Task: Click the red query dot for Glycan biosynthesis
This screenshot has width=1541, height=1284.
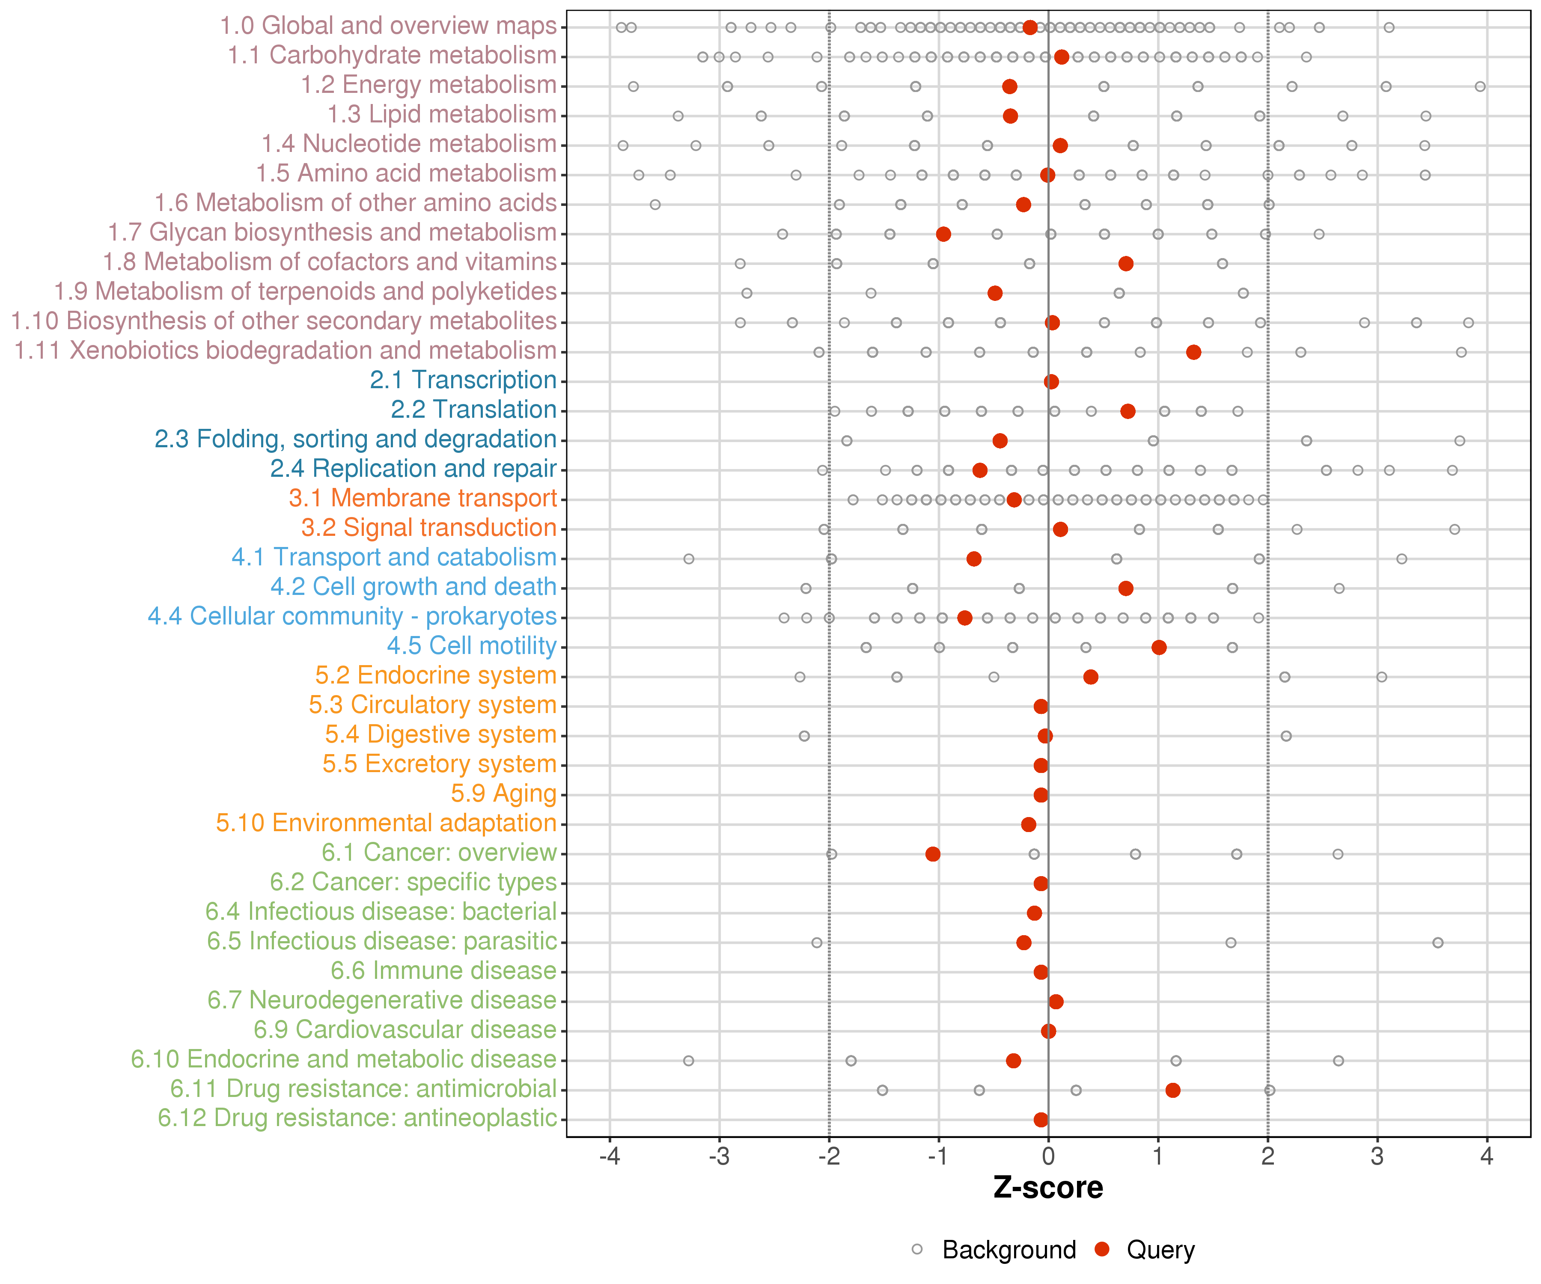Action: pos(944,234)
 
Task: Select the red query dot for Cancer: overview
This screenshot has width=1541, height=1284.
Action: pos(933,854)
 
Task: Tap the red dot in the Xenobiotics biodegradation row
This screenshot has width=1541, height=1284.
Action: pos(1194,352)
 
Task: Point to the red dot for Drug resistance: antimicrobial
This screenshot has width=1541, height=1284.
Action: pos(1172,1090)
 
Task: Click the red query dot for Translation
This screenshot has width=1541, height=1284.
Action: pos(1128,411)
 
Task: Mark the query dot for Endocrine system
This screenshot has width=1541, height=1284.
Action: pos(1090,677)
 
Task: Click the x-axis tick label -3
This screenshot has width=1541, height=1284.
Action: pos(719,1157)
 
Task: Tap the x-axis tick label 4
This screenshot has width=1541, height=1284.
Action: pos(1487,1157)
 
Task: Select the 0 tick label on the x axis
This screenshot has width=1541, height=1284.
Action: pos(1048,1157)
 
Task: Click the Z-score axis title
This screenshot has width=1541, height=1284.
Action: pos(1048,1188)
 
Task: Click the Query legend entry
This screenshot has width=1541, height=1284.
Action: pos(1145,1249)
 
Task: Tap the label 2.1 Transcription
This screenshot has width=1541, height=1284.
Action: pos(463,380)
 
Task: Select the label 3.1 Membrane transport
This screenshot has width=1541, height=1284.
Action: pos(422,498)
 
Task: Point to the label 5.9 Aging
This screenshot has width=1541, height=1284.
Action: pos(503,794)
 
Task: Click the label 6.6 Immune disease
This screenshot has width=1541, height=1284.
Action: pos(443,971)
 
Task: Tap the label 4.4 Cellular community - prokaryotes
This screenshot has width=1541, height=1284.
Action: pos(352,616)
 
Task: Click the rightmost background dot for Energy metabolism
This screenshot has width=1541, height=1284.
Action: pos(1480,86)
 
